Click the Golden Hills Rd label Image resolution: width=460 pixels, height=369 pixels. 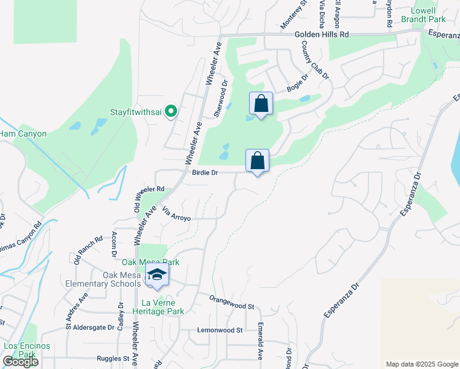[321, 35]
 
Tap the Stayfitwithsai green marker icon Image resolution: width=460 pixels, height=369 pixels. [172, 111]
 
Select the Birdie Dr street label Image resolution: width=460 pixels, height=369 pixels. [206, 173]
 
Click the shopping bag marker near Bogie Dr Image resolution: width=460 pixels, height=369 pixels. [261, 103]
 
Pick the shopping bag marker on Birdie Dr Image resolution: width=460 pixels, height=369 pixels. [258, 161]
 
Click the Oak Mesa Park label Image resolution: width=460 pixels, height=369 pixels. [150, 262]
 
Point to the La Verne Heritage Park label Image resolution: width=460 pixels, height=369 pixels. [163, 307]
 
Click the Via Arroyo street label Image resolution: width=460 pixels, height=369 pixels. [176, 214]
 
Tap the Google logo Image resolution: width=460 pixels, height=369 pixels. [20, 362]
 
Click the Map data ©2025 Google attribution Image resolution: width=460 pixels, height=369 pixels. [421, 364]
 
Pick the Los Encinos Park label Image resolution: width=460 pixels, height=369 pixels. [26, 350]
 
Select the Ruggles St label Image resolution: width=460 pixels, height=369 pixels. [113, 358]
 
